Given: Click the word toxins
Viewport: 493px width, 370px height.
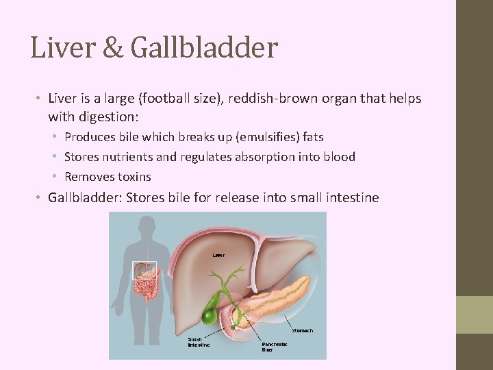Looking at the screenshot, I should (134, 177).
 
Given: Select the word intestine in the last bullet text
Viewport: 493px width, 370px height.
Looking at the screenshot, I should (350, 198).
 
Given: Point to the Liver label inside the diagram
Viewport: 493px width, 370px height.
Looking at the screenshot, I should (218, 255).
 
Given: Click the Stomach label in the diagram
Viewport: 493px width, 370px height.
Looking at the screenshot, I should (302, 330).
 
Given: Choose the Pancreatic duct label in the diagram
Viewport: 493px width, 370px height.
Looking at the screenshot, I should (273, 347).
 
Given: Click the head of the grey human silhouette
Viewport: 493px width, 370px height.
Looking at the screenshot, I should (145, 228).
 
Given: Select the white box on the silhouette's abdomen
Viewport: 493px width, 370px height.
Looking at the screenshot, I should (144, 270).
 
